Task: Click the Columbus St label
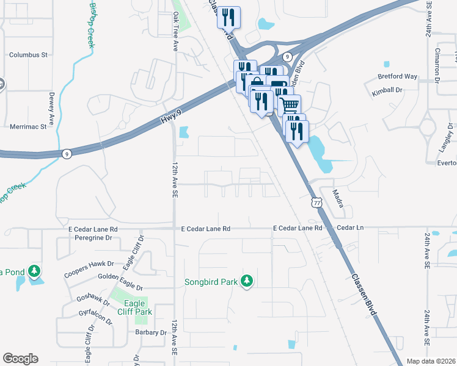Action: click(28, 55)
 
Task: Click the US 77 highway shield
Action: click(315, 202)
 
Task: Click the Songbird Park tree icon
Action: click(246, 281)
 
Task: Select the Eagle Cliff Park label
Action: click(134, 307)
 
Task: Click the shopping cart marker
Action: click(290, 104)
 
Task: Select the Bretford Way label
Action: click(398, 77)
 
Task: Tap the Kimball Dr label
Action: click(388, 90)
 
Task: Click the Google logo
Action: click(20, 359)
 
